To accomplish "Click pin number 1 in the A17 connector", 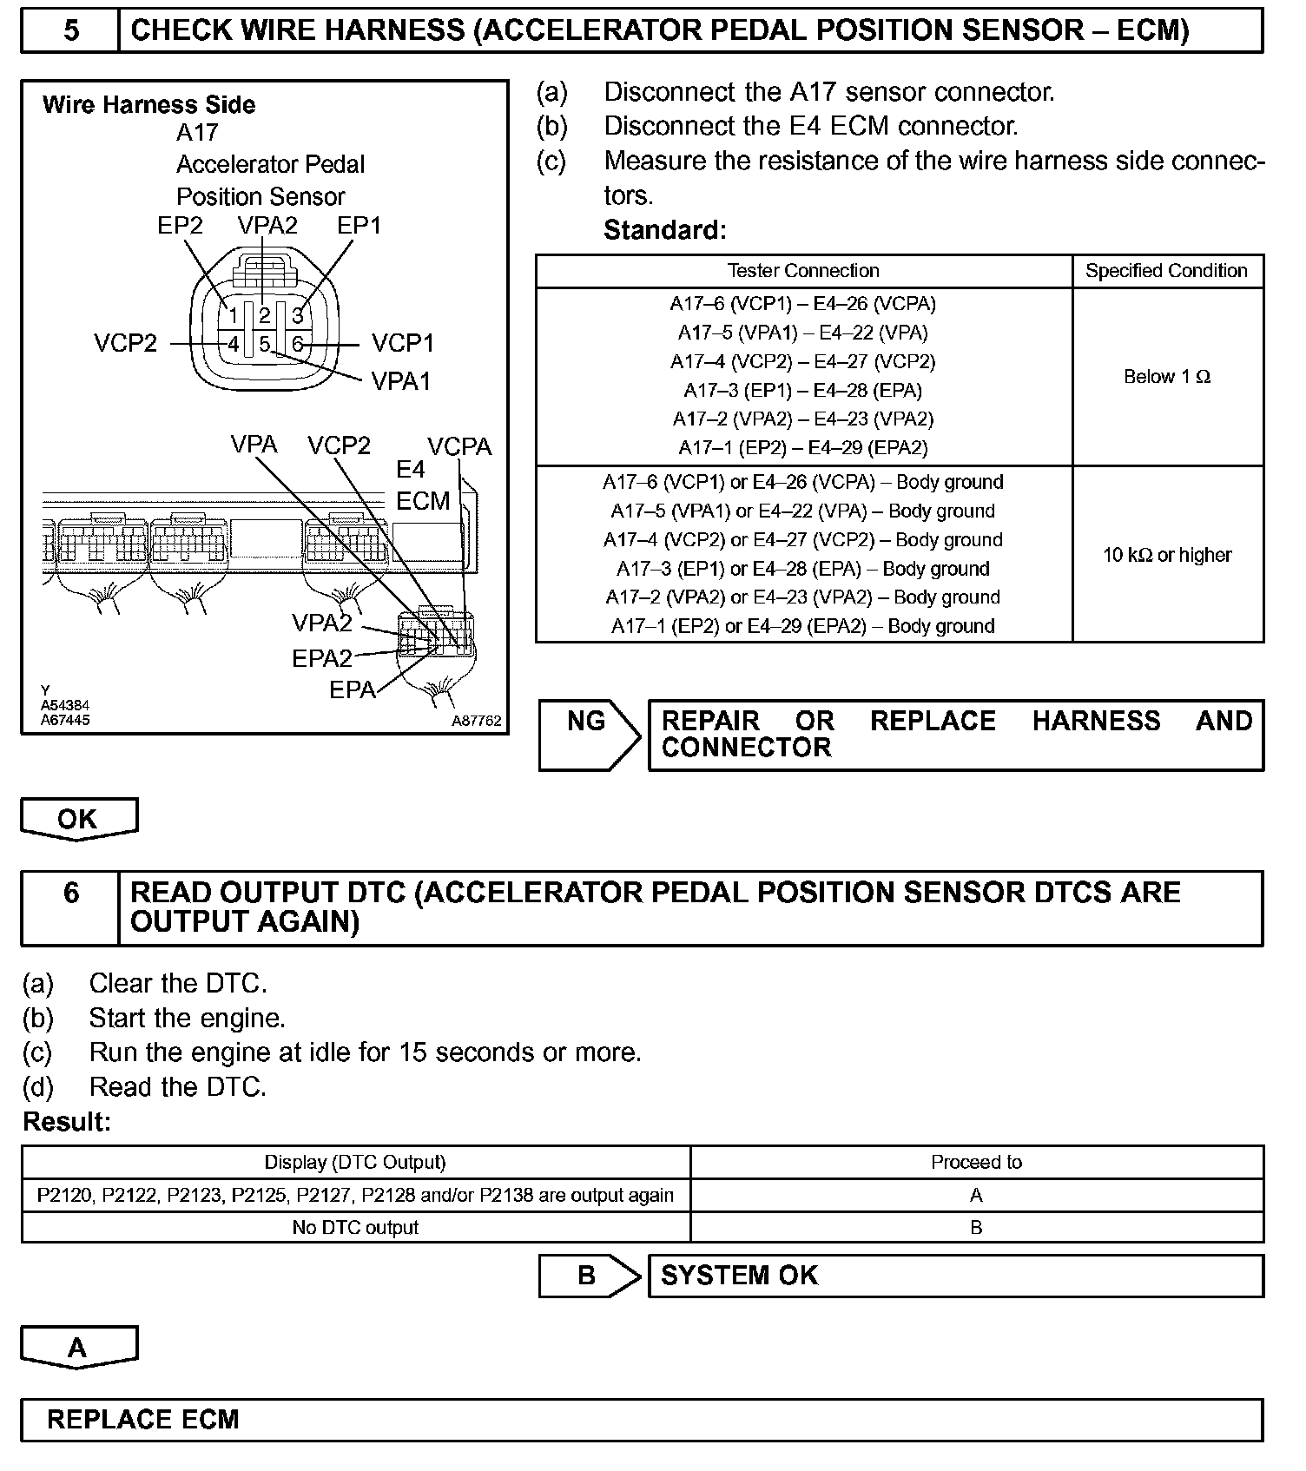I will click(233, 315).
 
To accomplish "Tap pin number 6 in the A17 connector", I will click(298, 345).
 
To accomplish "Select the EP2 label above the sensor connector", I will click(180, 226).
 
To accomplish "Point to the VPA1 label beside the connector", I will click(400, 381).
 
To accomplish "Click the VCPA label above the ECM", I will click(459, 447).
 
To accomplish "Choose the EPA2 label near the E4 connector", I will click(321, 658).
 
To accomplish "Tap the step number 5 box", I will click(71, 31).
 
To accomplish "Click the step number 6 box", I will click(71, 894).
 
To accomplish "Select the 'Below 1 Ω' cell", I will click(1166, 377).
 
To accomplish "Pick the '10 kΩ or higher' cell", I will click(1166, 555).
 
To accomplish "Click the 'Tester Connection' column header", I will click(803, 271).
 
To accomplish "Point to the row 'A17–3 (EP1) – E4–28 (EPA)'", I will click(802, 391).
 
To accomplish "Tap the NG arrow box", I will click(588, 735).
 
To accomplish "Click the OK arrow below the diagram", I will click(78, 819).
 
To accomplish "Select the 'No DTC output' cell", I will click(355, 1228).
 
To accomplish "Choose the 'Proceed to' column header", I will click(976, 1163).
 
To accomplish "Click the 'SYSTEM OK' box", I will click(955, 1276).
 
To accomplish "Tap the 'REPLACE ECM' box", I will click(641, 1420).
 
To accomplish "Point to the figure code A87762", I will click(476, 721).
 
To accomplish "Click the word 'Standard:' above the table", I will click(664, 231).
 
